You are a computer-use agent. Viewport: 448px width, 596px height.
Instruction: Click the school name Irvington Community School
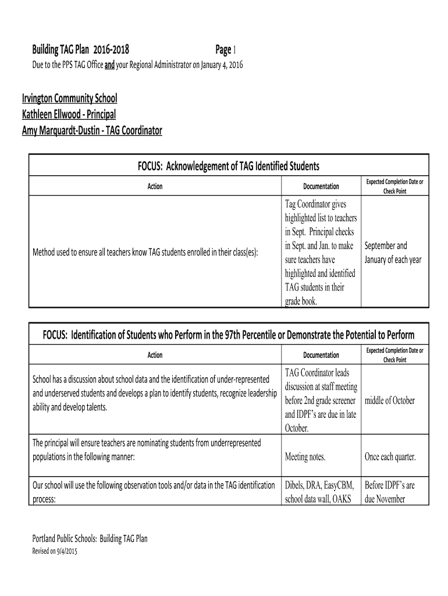click(69, 98)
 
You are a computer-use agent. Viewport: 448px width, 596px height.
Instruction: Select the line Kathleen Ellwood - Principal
click(69, 114)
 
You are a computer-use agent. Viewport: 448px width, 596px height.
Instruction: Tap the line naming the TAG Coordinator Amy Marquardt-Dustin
click(92, 130)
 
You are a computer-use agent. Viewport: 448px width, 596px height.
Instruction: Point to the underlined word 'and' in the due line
click(109, 64)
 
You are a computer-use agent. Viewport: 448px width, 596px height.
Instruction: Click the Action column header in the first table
click(155, 186)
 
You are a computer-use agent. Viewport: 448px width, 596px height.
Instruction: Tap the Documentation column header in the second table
click(321, 354)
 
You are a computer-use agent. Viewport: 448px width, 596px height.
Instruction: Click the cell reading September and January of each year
click(394, 253)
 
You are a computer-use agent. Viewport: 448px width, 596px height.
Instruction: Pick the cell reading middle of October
click(389, 400)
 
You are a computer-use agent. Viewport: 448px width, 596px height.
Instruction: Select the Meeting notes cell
click(304, 457)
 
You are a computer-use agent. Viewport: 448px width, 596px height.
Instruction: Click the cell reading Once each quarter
click(390, 457)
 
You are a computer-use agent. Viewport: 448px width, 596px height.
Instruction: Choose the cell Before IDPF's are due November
click(389, 492)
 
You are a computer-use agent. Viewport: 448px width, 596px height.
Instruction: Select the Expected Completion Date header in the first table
click(394, 186)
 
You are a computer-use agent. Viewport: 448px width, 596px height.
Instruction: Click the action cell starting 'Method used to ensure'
click(145, 252)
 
